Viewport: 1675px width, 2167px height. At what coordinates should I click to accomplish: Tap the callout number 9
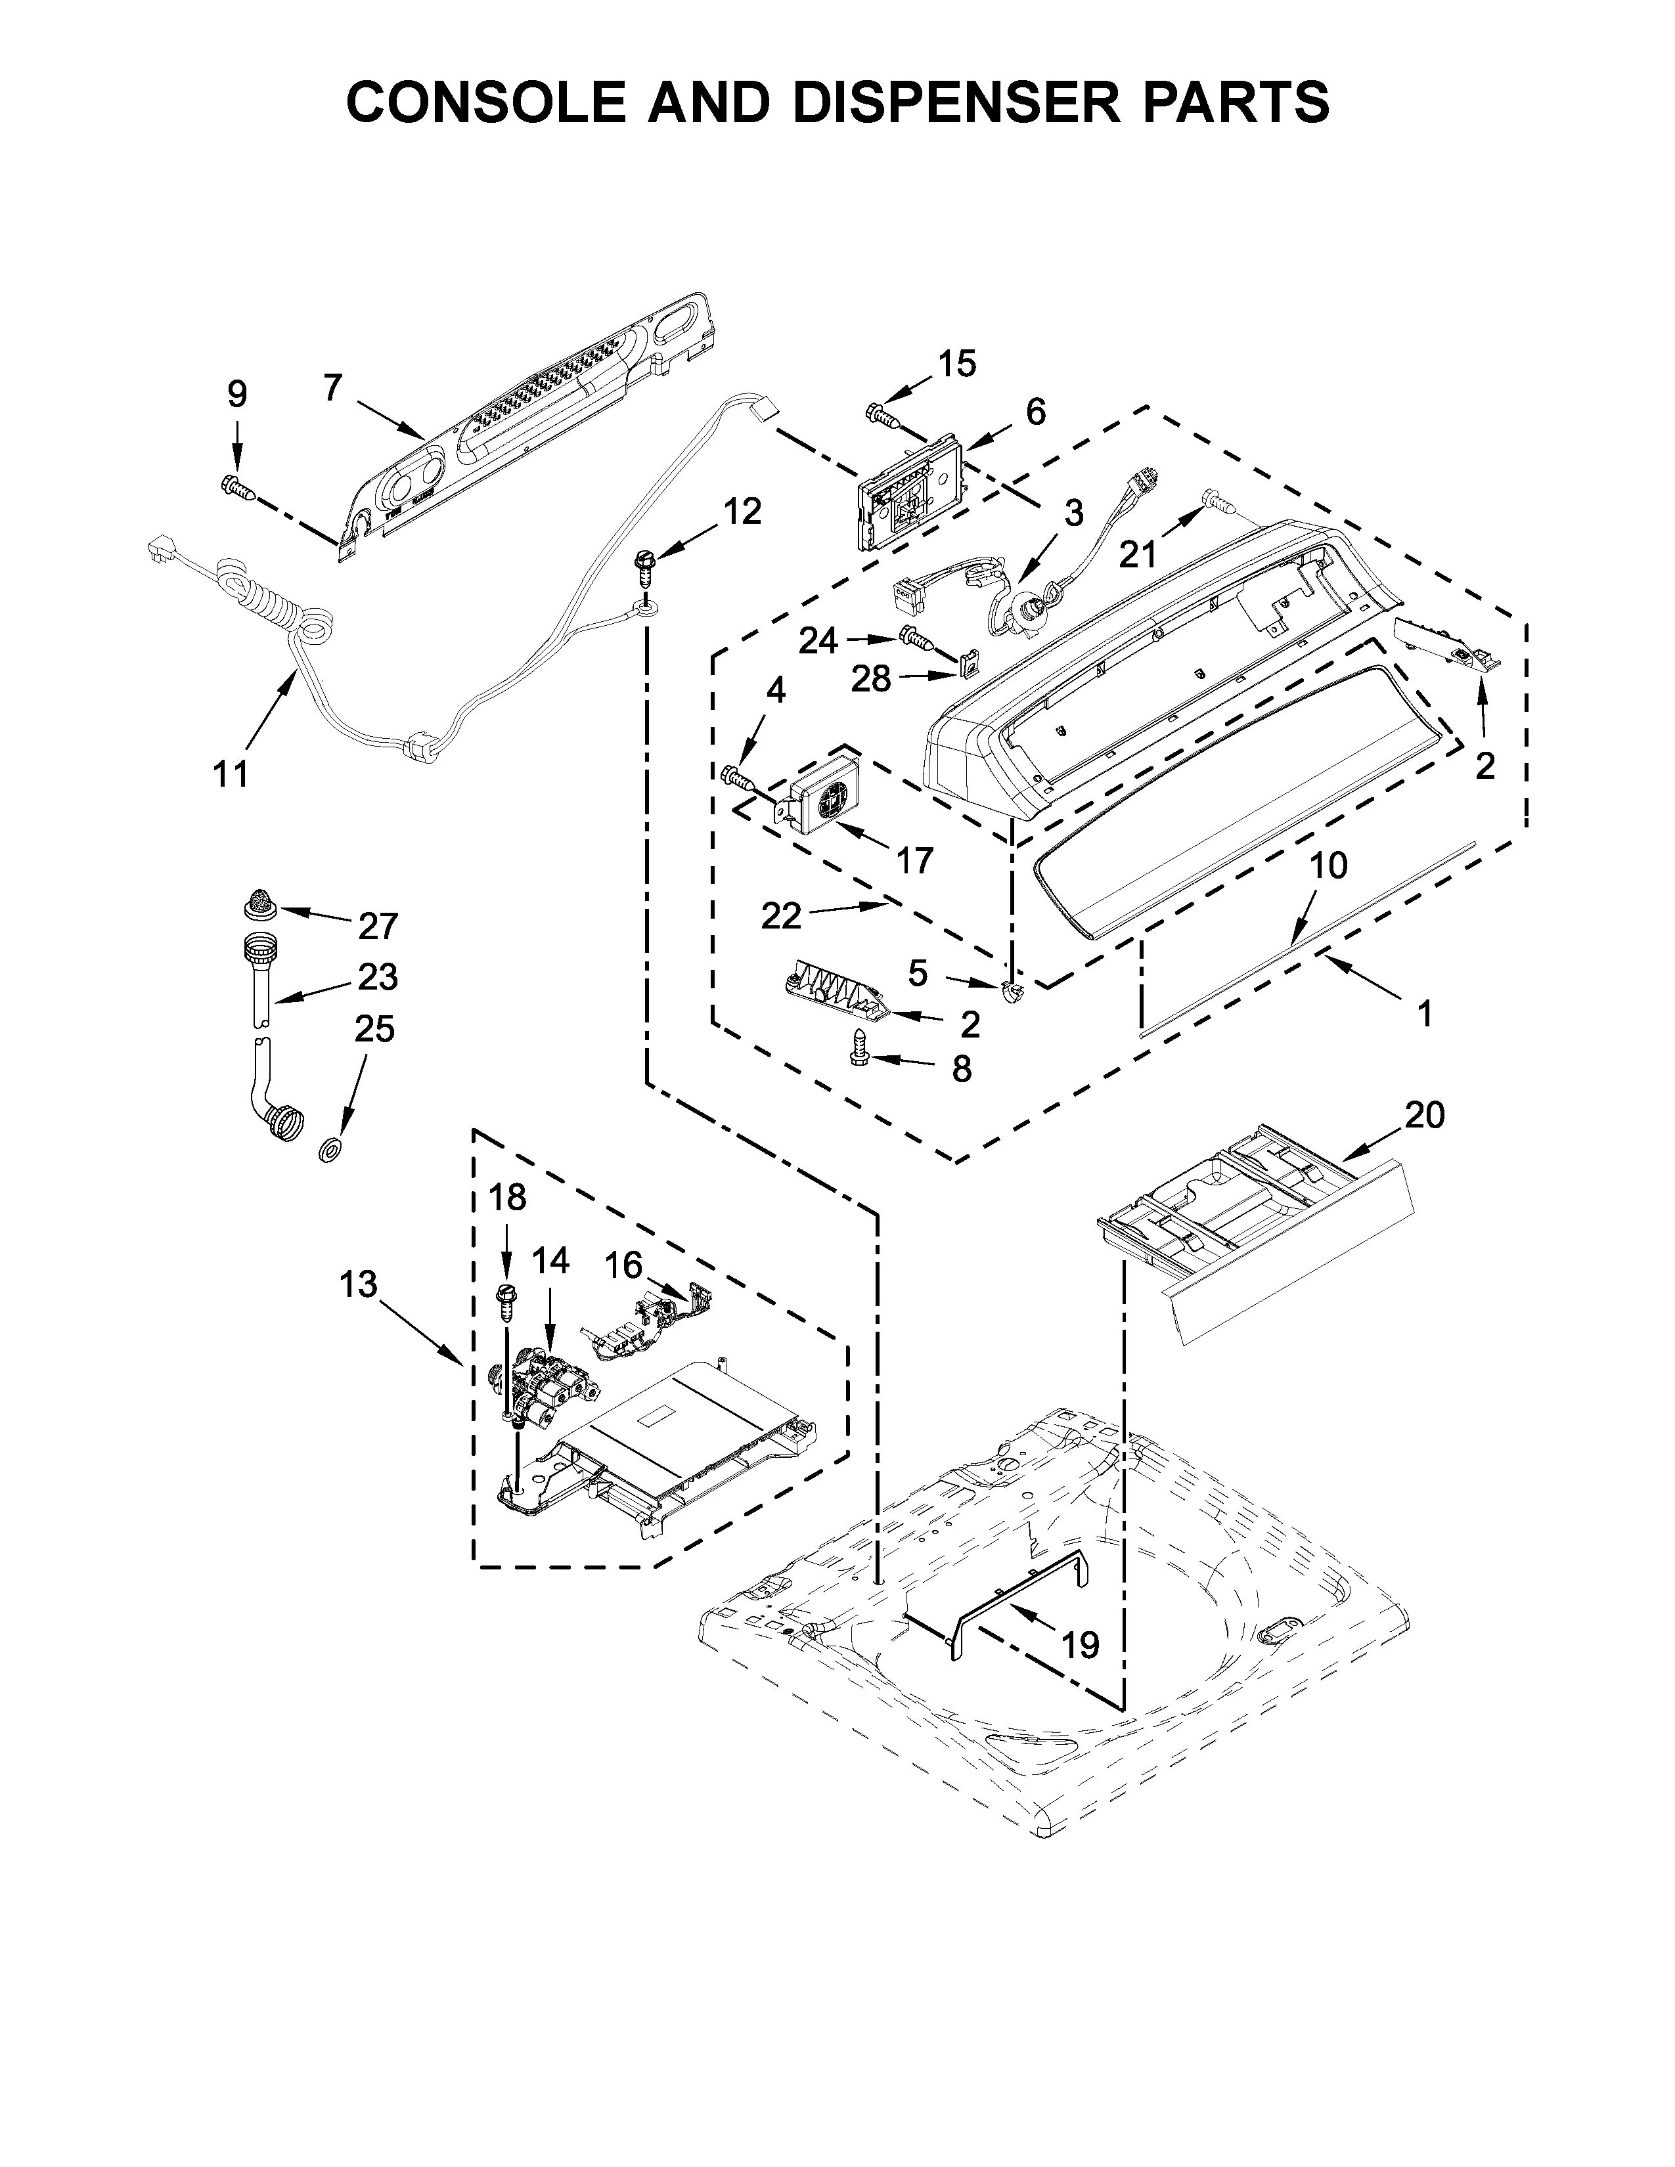click(236, 394)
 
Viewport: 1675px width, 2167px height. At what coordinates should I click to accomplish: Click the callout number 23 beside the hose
click(378, 976)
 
